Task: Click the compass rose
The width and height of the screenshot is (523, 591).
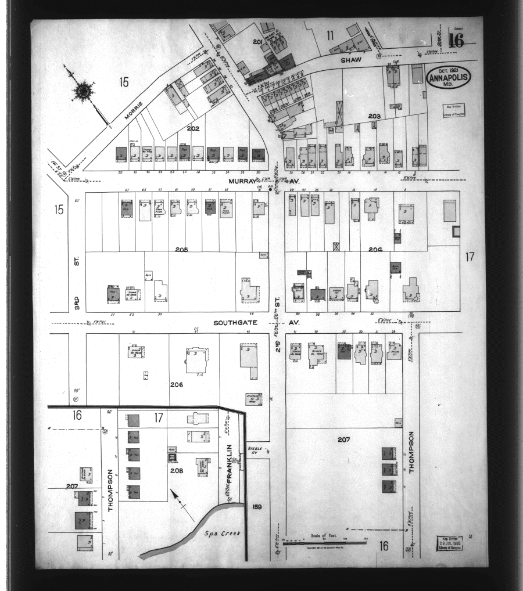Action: [x=84, y=91]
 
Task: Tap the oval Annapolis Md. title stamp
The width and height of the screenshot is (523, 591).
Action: [x=449, y=78]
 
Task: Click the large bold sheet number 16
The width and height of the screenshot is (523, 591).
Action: [x=455, y=41]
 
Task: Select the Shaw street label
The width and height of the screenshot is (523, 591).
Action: [x=351, y=60]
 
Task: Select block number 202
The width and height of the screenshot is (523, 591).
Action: [x=193, y=128]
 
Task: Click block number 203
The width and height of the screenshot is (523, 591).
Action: [x=374, y=116]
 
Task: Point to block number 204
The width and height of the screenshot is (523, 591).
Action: [x=375, y=249]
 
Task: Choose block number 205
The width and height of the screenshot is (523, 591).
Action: [x=181, y=249]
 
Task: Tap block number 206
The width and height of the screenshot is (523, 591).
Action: [x=177, y=385]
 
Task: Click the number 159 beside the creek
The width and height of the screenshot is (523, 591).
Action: [x=257, y=507]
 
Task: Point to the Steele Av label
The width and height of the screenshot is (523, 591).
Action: [x=255, y=450]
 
